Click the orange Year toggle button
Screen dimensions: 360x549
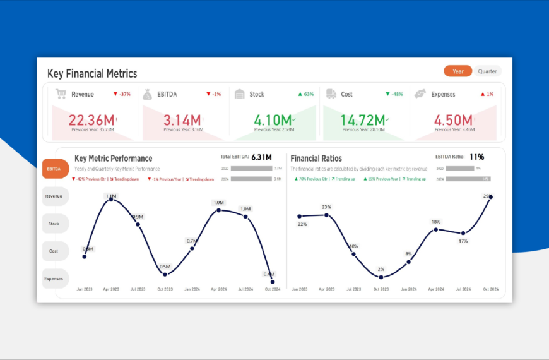[458, 71]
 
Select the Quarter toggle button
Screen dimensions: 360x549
[487, 71]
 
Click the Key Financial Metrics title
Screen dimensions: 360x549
[92, 74]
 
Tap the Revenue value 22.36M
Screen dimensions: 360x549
[91, 120]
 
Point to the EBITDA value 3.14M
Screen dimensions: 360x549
[182, 120]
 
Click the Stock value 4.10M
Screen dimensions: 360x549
[273, 120]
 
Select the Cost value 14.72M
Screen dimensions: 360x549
[363, 120]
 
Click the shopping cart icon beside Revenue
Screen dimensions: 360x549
[61, 94]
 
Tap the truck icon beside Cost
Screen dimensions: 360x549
[331, 94]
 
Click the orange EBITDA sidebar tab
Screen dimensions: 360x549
[55, 169]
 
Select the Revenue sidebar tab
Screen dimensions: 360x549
[55, 196]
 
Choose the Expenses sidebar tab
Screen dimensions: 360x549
[55, 279]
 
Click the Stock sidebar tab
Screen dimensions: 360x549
[55, 224]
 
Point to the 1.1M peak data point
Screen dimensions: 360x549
[112, 199]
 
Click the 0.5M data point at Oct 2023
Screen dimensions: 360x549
[165, 274]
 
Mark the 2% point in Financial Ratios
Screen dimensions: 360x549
[381, 277]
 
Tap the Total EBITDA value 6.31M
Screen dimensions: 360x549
[261, 157]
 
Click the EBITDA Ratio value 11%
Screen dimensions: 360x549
[476, 157]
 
